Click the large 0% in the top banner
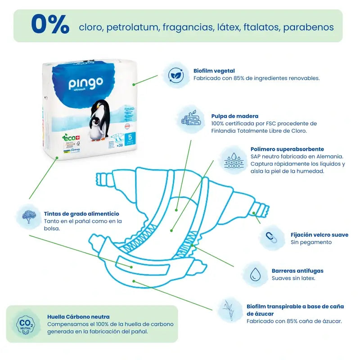[50, 25]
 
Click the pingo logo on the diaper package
[85, 84]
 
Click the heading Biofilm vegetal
[214, 71]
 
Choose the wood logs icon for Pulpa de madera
[191, 119]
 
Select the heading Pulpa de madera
[235, 116]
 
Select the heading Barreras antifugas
[297, 271]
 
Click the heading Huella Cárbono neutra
[78, 317]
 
